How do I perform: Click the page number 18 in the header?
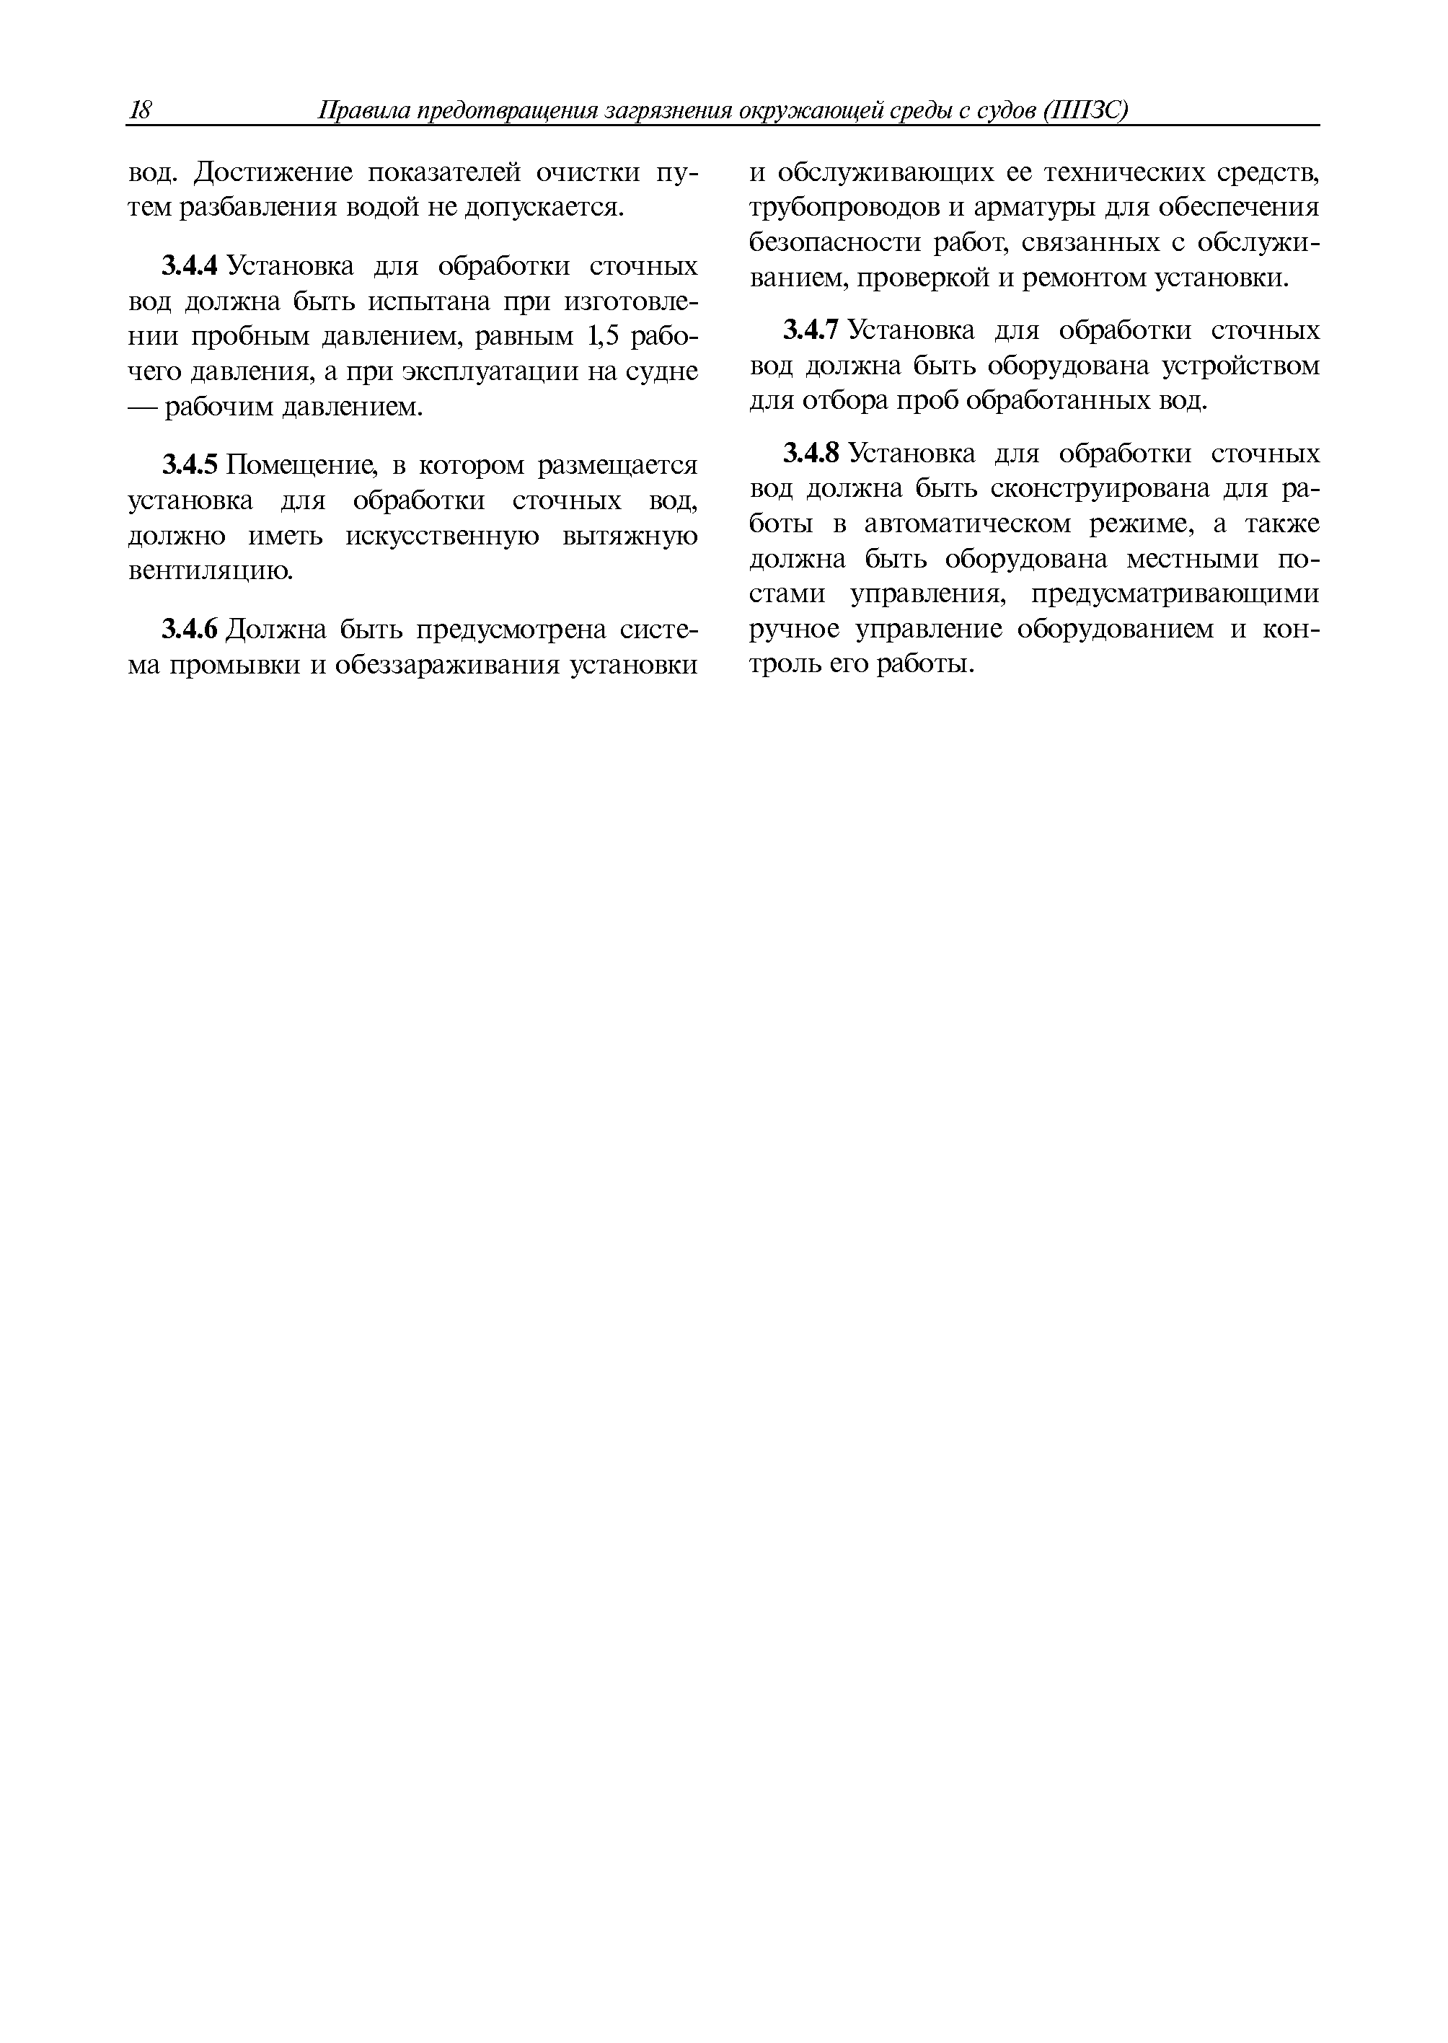click(141, 110)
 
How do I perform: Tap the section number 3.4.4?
click(189, 266)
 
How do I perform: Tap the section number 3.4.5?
click(189, 464)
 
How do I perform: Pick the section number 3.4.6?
click(189, 630)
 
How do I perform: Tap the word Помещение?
click(301, 464)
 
